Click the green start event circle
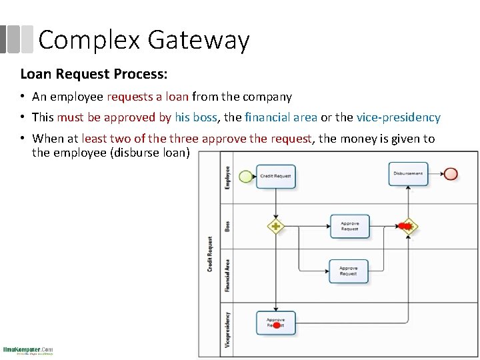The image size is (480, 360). click(x=245, y=176)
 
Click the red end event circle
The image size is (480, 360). click(x=451, y=173)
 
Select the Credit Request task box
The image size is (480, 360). click(x=275, y=176)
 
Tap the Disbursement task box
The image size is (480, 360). click(x=408, y=173)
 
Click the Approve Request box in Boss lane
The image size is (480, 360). click(x=349, y=226)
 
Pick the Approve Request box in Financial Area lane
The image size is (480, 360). click(x=348, y=271)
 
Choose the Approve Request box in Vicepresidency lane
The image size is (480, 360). click(x=276, y=323)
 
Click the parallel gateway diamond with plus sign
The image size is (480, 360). click(x=275, y=226)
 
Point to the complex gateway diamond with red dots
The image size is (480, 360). click(x=408, y=227)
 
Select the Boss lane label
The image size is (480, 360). click(x=227, y=226)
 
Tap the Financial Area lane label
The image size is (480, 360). click(x=227, y=275)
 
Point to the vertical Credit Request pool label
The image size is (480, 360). click(x=210, y=253)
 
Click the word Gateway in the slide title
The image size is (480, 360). click(x=198, y=40)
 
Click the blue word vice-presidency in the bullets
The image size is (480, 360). click(x=398, y=117)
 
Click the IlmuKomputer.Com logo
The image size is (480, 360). click(x=28, y=350)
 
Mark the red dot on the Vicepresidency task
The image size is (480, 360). click(x=276, y=326)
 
